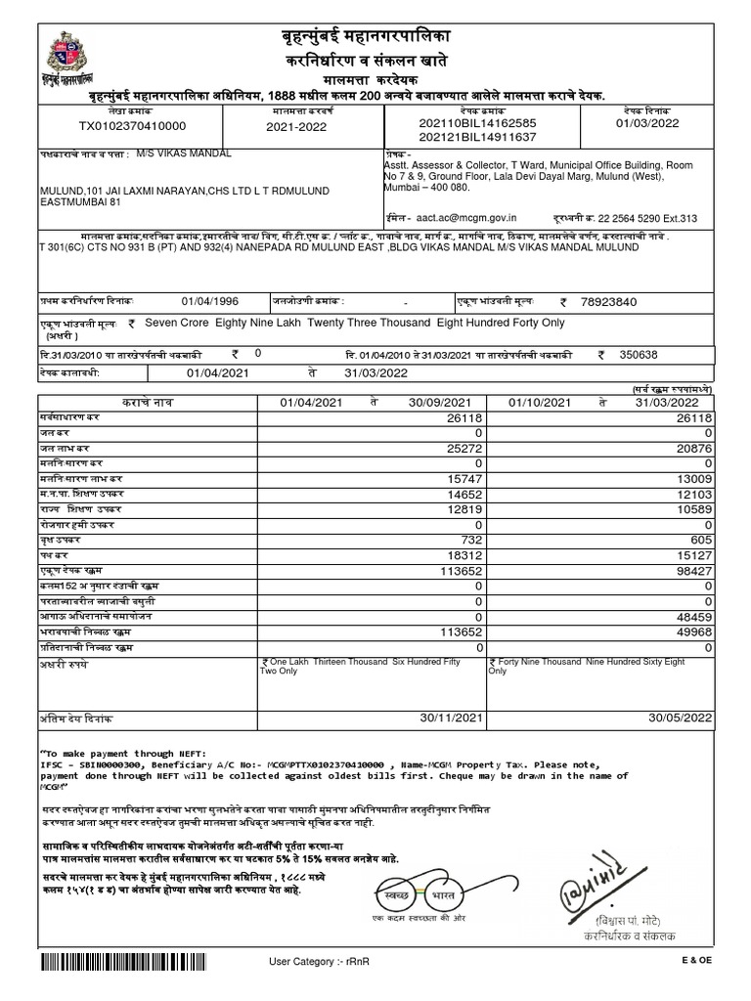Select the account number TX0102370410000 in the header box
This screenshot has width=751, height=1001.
tap(132, 126)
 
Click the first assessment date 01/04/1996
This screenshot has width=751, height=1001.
tap(209, 302)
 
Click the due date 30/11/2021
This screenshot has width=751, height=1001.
tap(453, 718)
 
